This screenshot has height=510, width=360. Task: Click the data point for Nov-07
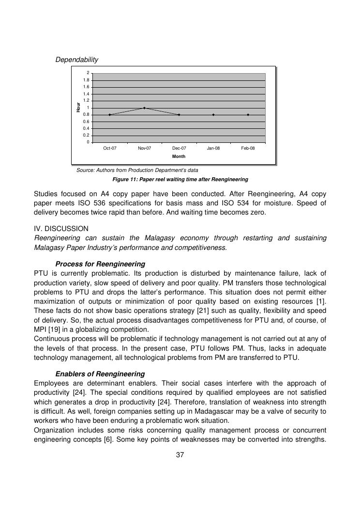pyautogui.click(x=144, y=108)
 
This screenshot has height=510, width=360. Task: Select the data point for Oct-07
pyautogui.click(x=110, y=115)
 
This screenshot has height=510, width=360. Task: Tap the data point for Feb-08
pyautogui.click(x=248, y=115)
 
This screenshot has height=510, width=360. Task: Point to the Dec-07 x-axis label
pyautogui.click(x=179, y=148)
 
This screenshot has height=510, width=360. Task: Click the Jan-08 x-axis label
pyautogui.click(x=213, y=148)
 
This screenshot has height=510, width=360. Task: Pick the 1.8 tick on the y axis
pyautogui.click(x=86, y=80)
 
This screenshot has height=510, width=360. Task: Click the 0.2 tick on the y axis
pyautogui.click(x=86, y=135)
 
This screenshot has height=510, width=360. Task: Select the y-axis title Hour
pyautogui.click(x=78, y=108)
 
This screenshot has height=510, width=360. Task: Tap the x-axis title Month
pyautogui.click(x=179, y=156)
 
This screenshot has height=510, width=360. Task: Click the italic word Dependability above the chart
pyautogui.click(x=76, y=60)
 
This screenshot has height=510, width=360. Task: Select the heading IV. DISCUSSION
pyautogui.click(x=61, y=228)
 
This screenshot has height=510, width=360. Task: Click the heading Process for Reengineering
pyautogui.click(x=100, y=264)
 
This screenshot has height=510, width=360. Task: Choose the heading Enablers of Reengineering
pyautogui.click(x=100, y=374)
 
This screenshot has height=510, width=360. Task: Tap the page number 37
pyautogui.click(x=180, y=455)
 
